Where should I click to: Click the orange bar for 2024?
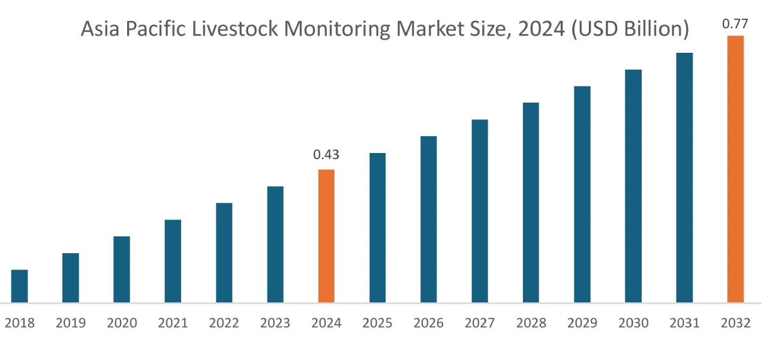[326, 236]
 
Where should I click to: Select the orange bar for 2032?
[735, 169]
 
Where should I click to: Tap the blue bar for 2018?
[19, 286]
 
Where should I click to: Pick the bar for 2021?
[173, 261]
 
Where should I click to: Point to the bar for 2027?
[480, 211]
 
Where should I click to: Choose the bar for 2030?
[633, 185]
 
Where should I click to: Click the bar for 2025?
[377, 227]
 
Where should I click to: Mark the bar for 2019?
[70, 277]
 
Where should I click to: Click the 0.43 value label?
[326, 155]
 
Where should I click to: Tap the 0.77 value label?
[735, 24]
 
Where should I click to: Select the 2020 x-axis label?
[122, 323]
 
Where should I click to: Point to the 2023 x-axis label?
[275, 323]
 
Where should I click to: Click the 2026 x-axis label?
[429, 323]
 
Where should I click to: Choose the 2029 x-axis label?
[582, 323]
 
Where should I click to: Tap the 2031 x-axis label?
[684, 323]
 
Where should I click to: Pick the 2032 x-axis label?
[735, 323]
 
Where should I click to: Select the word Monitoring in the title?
[334, 29]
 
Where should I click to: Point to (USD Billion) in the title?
[627, 29]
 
